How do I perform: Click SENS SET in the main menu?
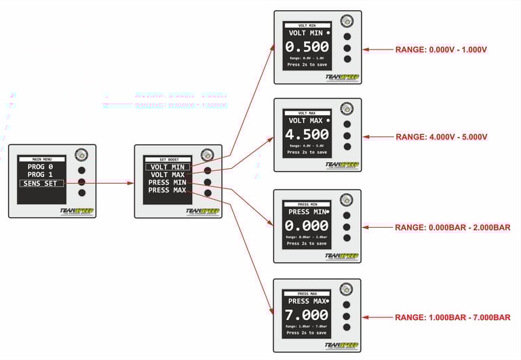pyautogui.click(x=41, y=183)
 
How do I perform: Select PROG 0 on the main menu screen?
pyautogui.click(x=40, y=166)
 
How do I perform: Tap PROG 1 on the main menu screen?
pyautogui.click(x=40, y=174)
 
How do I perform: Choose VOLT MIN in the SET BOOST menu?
pyautogui.click(x=168, y=167)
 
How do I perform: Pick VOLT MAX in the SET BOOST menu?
pyautogui.click(x=168, y=175)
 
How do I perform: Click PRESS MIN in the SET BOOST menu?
pyautogui.click(x=168, y=182)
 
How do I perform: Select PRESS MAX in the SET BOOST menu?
pyautogui.click(x=168, y=191)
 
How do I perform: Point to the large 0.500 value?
pyautogui.click(x=307, y=47)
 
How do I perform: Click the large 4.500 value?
pyautogui.click(x=307, y=134)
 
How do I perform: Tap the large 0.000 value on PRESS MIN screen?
pyautogui.click(x=307, y=226)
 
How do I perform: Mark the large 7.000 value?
pyautogui.click(x=307, y=315)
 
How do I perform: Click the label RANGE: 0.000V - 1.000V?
pyautogui.click(x=442, y=49)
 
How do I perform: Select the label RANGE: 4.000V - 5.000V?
pyautogui.click(x=442, y=137)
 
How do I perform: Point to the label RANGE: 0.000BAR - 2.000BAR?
pyautogui.click(x=452, y=228)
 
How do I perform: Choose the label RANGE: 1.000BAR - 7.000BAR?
pyautogui.click(x=452, y=317)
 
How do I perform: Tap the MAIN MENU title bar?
pyautogui.click(x=41, y=159)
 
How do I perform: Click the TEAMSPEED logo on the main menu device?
pyautogui.click(x=77, y=212)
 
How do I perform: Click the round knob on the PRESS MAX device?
pyautogui.click(x=346, y=289)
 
